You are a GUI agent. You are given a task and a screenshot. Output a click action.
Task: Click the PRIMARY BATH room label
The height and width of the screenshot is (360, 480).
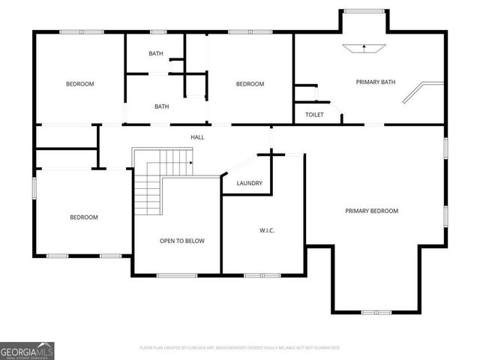point(375,82)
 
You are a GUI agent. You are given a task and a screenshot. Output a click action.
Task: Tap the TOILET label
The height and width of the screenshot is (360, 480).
point(314,115)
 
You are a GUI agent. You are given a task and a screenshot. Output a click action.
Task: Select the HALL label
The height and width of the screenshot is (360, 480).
point(197,137)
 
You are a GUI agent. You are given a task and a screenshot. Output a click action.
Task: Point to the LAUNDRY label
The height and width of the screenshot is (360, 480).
point(248,183)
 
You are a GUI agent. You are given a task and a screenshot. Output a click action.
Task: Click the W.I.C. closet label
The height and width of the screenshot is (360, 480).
point(266,229)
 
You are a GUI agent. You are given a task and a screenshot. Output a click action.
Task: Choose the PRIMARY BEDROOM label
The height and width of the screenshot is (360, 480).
point(371,211)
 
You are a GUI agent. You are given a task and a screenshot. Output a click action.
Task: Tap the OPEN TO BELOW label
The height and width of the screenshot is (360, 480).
point(181,241)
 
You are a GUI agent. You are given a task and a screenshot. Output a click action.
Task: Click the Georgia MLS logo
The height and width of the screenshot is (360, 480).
point(27,350)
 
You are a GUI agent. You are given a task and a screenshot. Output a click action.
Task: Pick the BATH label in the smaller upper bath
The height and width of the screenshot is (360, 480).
point(156,53)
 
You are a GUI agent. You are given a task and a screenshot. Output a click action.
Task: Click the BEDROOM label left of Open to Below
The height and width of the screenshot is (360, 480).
point(84,217)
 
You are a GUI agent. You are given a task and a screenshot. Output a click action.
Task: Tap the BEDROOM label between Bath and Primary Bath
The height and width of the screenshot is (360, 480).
point(250,84)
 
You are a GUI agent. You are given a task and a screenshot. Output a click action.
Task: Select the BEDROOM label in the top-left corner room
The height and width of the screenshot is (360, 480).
point(79,84)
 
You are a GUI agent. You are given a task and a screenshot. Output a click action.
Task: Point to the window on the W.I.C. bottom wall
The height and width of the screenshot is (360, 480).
point(263,275)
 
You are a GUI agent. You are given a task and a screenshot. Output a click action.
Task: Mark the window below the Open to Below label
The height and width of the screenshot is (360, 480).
point(177,275)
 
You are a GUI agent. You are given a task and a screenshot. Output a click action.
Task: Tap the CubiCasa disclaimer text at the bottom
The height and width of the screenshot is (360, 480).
point(240,348)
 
